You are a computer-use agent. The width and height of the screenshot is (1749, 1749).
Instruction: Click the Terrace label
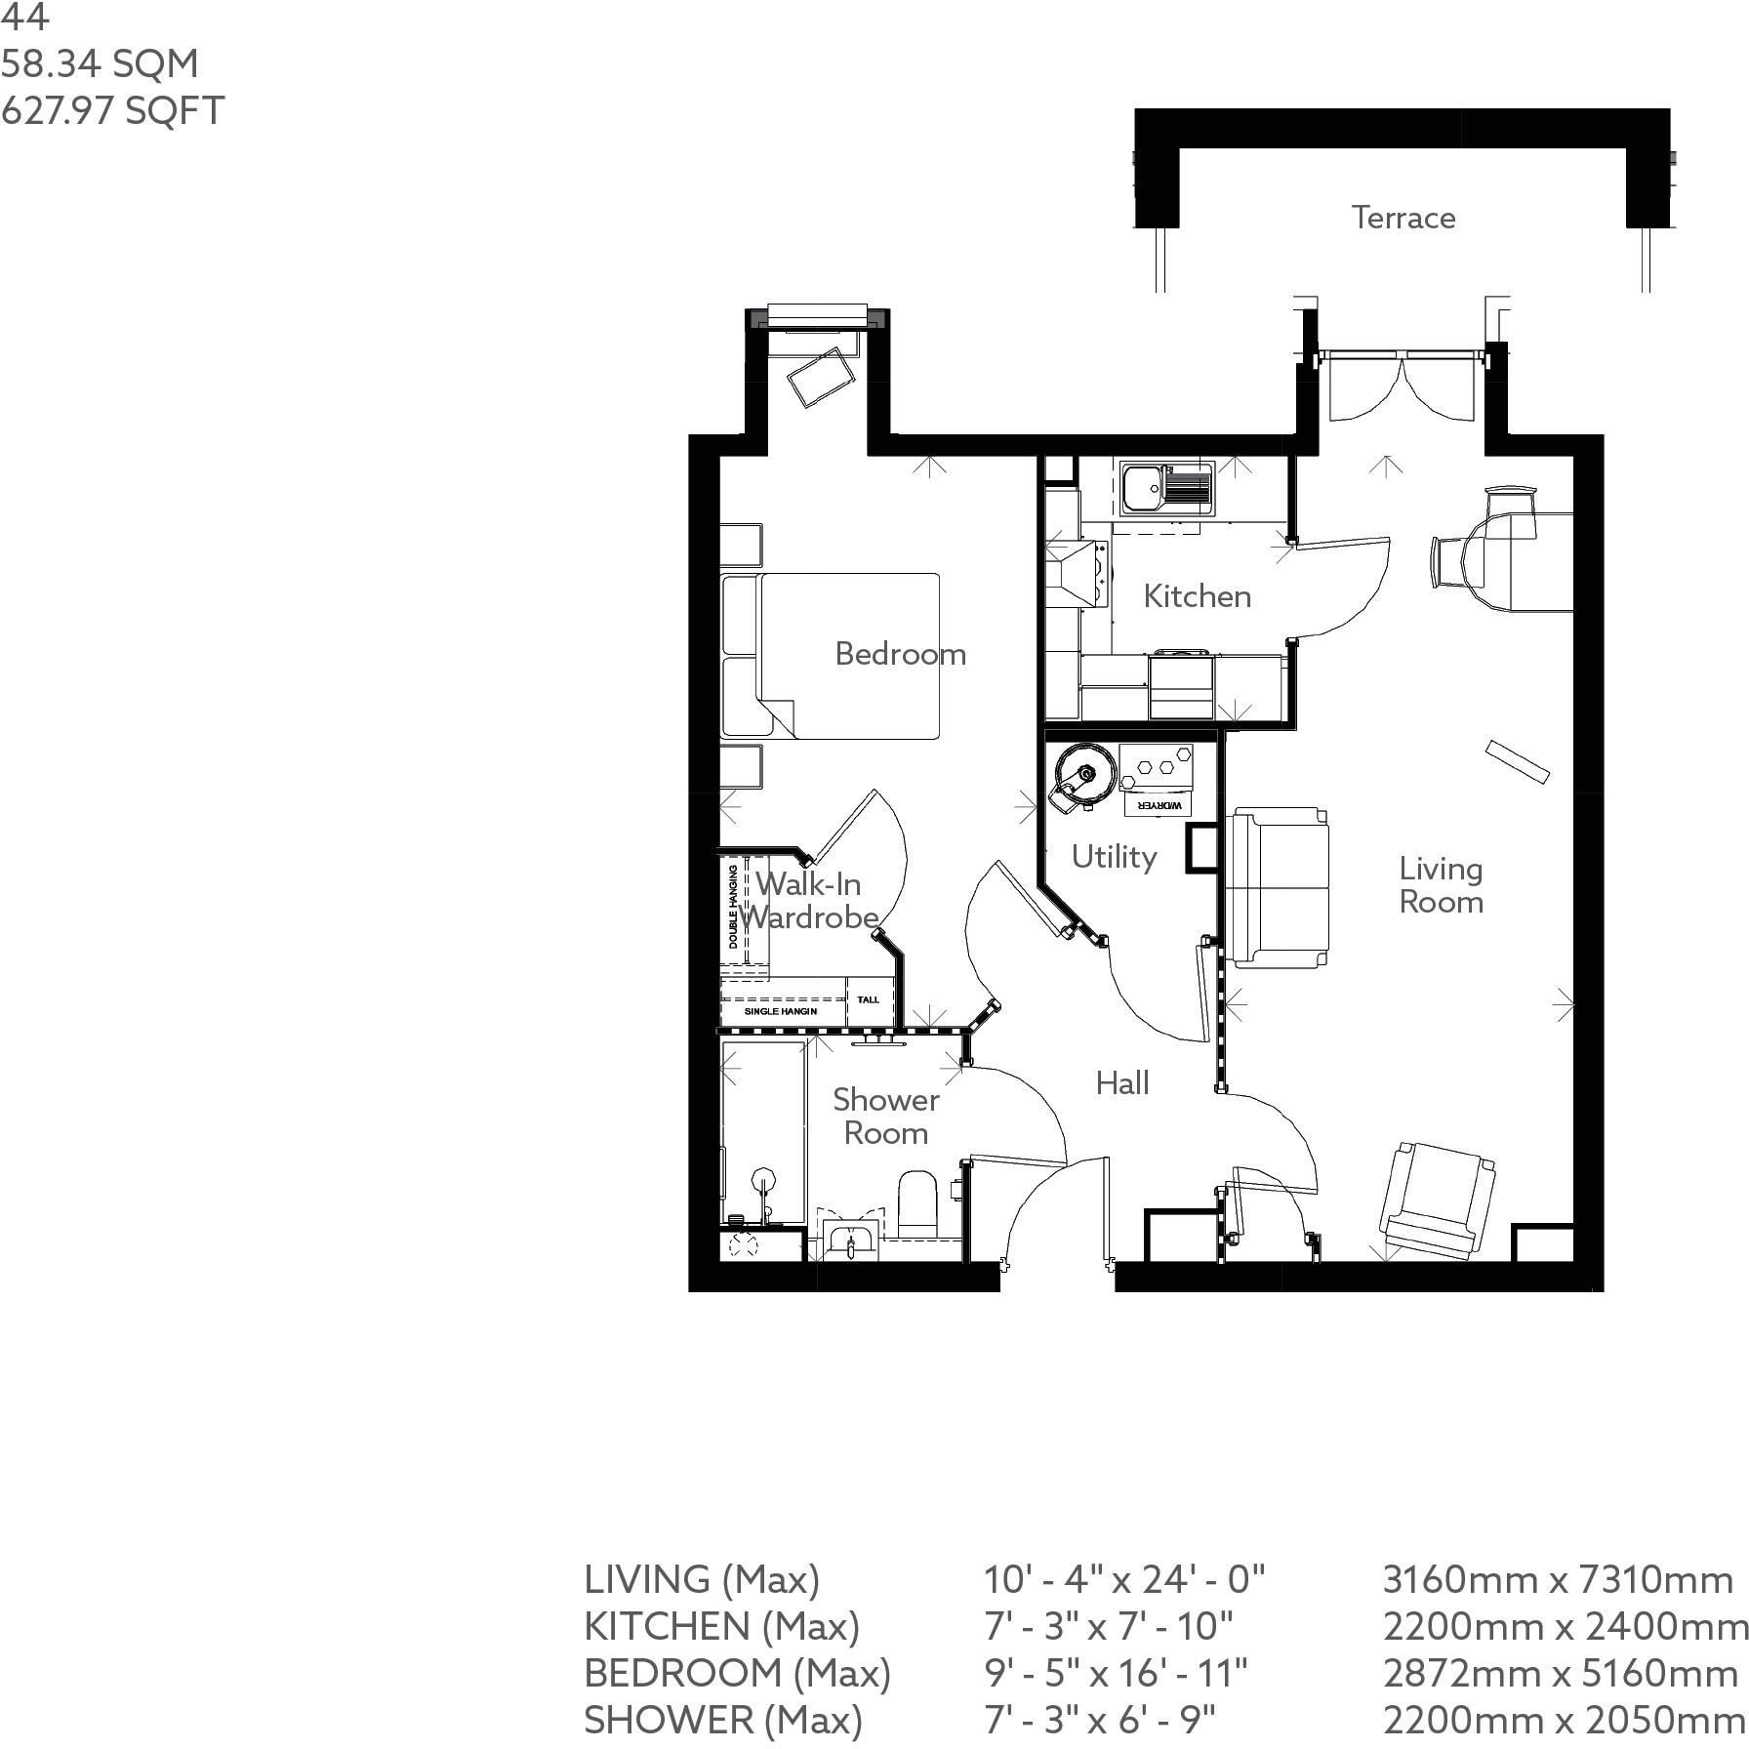(x=1403, y=217)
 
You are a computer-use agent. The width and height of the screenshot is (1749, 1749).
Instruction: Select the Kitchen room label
(x=1197, y=595)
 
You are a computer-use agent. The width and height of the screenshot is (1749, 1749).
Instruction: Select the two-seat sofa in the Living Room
(x=1278, y=887)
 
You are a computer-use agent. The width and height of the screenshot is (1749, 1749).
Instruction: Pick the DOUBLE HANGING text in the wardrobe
(x=733, y=907)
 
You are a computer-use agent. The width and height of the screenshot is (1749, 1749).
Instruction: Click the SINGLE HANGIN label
(x=781, y=1011)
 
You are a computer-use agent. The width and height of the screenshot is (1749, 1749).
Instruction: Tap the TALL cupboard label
(x=868, y=999)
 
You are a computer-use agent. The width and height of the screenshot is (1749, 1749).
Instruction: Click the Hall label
(x=1121, y=1082)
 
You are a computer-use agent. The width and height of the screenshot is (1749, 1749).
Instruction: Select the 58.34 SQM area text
(x=100, y=63)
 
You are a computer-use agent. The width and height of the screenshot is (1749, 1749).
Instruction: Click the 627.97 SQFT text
(x=112, y=109)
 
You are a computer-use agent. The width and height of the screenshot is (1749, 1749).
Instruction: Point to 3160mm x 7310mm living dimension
(x=1558, y=1579)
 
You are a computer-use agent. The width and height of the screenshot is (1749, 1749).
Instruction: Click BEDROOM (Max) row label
(x=737, y=1673)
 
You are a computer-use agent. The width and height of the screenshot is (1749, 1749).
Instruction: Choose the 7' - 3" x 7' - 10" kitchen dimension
(x=1108, y=1626)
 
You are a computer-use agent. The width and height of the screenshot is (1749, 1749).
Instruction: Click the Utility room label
(x=1114, y=857)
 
